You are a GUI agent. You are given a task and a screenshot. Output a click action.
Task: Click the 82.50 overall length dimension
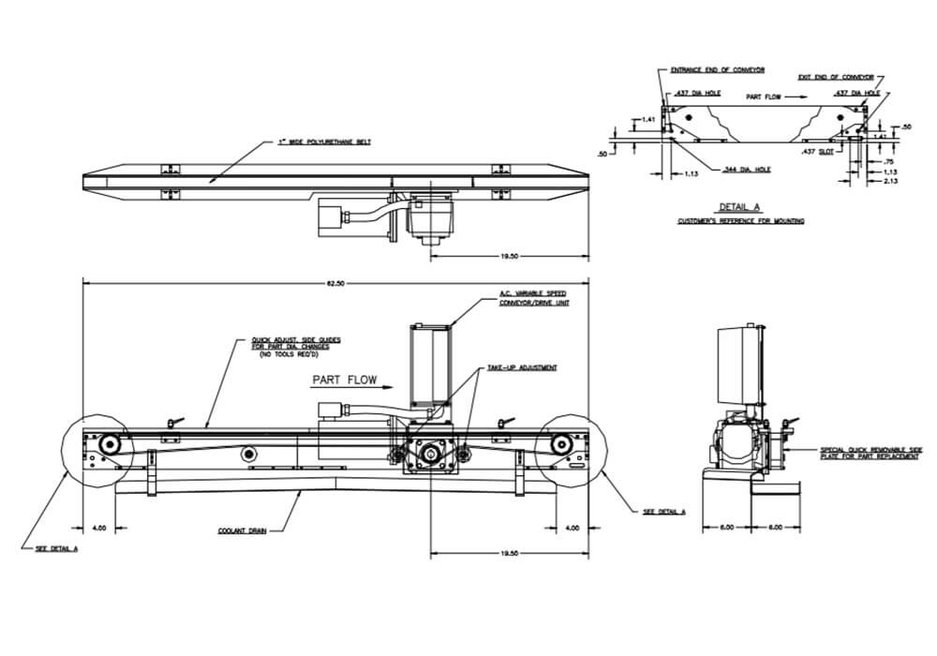point(335,283)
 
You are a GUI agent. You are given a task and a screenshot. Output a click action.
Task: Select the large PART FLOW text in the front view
point(347,380)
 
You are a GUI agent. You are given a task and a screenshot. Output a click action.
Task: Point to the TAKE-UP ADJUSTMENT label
point(522,367)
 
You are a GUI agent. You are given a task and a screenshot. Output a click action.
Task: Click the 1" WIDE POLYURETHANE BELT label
point(324,142)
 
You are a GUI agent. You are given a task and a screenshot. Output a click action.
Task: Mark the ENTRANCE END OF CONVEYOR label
point(718,70)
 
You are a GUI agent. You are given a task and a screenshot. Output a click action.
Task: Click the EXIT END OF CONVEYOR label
point(836,78)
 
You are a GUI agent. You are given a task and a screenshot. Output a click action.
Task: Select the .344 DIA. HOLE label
point(747,170)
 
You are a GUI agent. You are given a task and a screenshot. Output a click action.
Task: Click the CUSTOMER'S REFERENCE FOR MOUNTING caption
point(742,221)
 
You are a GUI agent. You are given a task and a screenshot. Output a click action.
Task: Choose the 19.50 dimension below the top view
point(509,255)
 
